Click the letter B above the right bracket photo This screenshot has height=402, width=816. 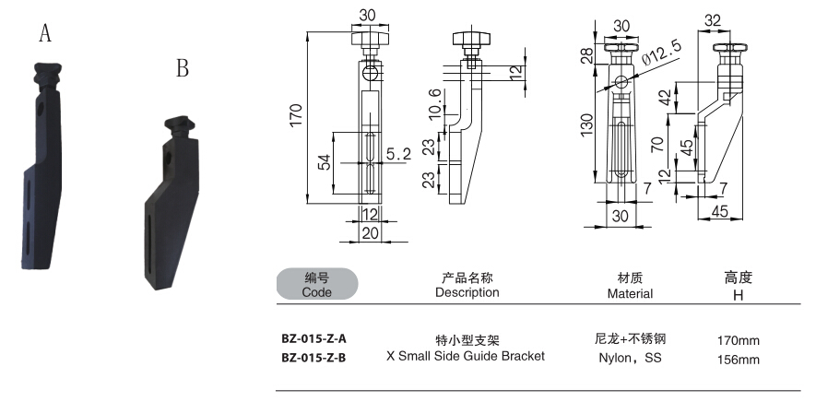tap(183, 69)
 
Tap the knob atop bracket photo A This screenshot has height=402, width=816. tap(47, 71)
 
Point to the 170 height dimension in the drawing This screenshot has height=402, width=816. tap(295, 115)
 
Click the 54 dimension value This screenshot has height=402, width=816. tap(324, 162)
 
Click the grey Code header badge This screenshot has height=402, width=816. tap(315, 284)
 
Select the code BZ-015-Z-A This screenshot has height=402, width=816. tap(313, 338)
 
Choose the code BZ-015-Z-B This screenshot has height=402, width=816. tap(313, 357)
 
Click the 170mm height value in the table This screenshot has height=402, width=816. tap(738, 340)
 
